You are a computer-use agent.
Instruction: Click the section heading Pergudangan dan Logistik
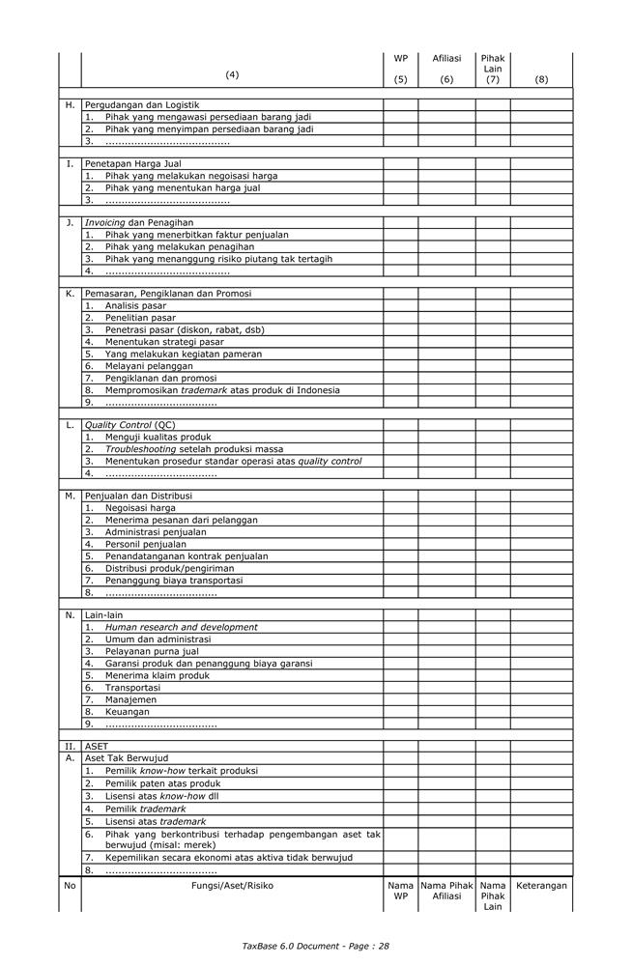point(141,104)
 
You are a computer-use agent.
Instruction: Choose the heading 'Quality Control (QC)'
point(129,425)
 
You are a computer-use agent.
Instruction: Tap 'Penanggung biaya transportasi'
point(174,581)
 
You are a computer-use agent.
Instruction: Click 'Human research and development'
point(182,627)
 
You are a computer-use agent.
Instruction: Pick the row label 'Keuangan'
point(128,711)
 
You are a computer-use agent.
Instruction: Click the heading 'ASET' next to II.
point(97,746)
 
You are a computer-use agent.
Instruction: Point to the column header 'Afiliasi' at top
point(446,59)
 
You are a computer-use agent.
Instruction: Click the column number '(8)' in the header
point(541,80)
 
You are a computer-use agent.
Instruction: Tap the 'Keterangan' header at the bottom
point(541,885)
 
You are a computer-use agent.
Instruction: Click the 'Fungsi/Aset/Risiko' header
point(232,885)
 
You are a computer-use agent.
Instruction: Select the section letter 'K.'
point(70,294)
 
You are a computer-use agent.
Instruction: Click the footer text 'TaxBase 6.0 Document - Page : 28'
point(316,946)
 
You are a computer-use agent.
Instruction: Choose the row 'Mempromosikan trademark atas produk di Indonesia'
point(222,390)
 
